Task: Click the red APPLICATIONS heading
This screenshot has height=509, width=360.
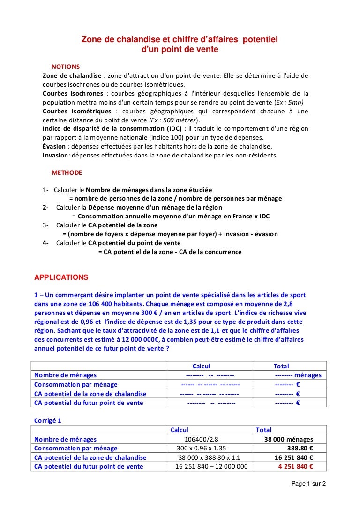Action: pos(61,277)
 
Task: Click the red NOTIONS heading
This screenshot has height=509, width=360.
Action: pos(66,67)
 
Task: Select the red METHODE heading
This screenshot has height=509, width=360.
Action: pos(67,172)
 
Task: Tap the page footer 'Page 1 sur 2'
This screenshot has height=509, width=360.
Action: pos(308,483)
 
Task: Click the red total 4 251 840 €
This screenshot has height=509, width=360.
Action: pos(295,466)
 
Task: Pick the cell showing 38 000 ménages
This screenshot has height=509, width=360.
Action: pos(289,439)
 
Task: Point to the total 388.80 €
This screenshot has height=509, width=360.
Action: pos(297,448)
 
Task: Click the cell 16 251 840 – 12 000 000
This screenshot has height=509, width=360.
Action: pos(211,466)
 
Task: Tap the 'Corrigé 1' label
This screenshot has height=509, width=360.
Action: pos(48,420)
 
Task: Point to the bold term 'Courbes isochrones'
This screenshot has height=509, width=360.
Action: pos(73,93)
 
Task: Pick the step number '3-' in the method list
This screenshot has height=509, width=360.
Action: pos(46,225)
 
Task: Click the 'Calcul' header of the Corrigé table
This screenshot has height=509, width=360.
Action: pos(180,430)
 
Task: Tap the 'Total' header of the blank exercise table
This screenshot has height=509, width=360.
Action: pos(281,366)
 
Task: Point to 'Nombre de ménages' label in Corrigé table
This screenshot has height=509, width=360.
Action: pos(66,439)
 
